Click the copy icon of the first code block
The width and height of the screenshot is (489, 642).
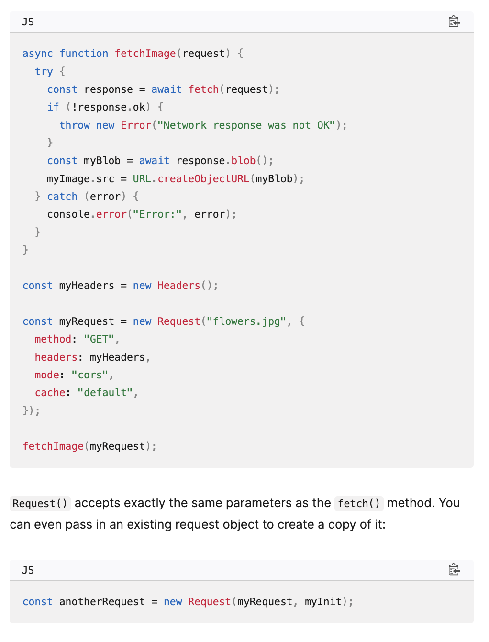pos(454,22)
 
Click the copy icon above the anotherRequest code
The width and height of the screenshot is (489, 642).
pos(454,570)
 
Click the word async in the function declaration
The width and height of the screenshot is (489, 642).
pos(37,54)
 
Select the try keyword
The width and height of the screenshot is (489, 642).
pos(44,72)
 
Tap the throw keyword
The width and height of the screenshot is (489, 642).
pos(75,125)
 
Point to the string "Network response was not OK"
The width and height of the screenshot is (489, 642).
pos(246,125)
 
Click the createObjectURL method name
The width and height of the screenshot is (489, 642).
pos(203,179)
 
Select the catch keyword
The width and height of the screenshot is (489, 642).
pos(62,197)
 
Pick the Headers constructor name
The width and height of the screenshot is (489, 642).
pos(178,286)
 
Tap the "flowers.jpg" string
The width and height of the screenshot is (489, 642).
pos(246,321)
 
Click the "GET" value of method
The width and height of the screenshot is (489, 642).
pos(99,339)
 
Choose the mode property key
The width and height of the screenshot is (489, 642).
pos(47,375)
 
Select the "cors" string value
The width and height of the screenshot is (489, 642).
pos(90,375)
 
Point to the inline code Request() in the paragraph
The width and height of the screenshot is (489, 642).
pos(40,504)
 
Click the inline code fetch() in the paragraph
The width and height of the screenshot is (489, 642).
pos(359,504)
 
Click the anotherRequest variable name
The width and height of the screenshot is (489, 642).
pos(102,602)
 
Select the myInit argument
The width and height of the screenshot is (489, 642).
pos(323,602)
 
